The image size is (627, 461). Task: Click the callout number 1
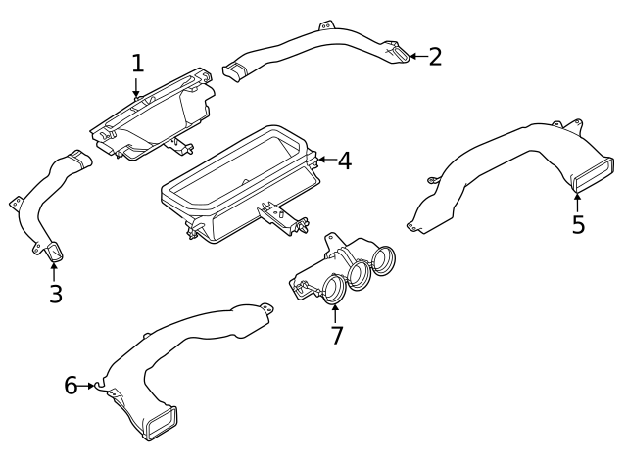pos(138,64)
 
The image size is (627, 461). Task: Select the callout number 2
pos(435,56)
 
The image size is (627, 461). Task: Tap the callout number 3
pos(56,293)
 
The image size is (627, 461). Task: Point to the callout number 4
pos(344,161)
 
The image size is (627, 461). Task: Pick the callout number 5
pos(578,224)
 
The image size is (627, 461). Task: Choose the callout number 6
pos(71,386)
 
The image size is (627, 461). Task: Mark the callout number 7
pos(336,336)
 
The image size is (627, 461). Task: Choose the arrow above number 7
pos(335,313)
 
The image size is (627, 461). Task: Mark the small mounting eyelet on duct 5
pos(430,179)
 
